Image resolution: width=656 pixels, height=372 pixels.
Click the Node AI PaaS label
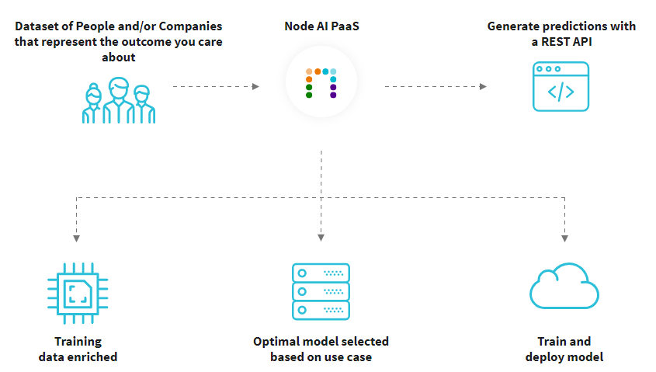321,26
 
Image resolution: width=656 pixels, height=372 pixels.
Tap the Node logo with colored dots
321,84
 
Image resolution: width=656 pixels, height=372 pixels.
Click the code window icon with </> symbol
561,88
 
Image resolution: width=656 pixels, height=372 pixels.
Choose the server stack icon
321,291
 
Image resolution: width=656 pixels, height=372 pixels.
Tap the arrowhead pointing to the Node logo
255,86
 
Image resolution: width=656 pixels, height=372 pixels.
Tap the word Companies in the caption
190,26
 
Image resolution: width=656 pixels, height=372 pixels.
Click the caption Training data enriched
78,349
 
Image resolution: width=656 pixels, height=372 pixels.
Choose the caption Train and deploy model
564,349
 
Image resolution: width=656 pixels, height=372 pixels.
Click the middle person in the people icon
119,97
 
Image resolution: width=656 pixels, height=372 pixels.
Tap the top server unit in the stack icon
321,273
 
